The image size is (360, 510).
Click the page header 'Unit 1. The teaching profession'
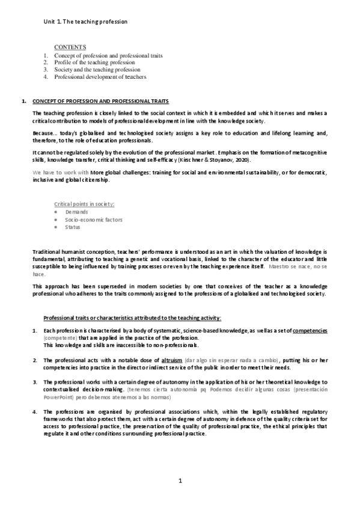point(85,21)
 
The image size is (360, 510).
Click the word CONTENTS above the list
point(70,47)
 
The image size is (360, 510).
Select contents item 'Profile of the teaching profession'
point(94,62)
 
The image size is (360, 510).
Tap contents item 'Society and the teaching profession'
point(97,70)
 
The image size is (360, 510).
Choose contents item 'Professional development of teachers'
point(100,77)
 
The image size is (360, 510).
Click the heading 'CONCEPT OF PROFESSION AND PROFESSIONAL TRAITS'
point(100,100)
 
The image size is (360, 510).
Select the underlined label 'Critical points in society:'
point(81,205)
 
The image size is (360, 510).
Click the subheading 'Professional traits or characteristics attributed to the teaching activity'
point(132,317)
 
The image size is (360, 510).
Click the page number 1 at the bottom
point(180,481)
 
